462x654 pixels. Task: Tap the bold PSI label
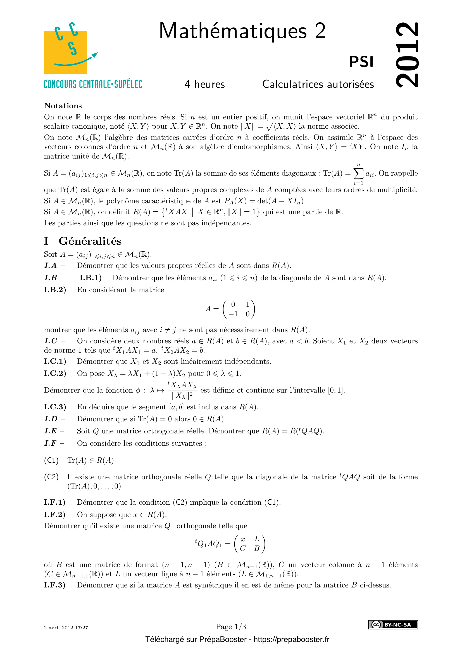[x=361, y=62]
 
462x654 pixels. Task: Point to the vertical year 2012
[x=407, y=55]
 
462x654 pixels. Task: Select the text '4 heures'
[x=204, y=84]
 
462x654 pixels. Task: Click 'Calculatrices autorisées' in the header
[x=318, y=84]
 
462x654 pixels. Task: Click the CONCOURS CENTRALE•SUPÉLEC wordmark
[x=93, y=84]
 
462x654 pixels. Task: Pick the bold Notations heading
[x=63, y=106]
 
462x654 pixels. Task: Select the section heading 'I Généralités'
[x=83, y=241]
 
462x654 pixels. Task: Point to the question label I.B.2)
[x=55, y=290]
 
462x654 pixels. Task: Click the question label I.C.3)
[x=55, y=407]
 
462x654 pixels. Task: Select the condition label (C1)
[x=51, y=461]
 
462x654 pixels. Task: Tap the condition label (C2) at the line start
[x=51, y=477]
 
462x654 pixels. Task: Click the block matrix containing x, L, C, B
[x=249, y=544]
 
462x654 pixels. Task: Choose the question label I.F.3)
[x=55, y=585]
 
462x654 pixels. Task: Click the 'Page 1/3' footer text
[x=231, y=627]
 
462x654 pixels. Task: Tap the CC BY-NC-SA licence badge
[x=393, y=625]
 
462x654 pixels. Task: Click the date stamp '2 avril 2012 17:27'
[x=66, y=627]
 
